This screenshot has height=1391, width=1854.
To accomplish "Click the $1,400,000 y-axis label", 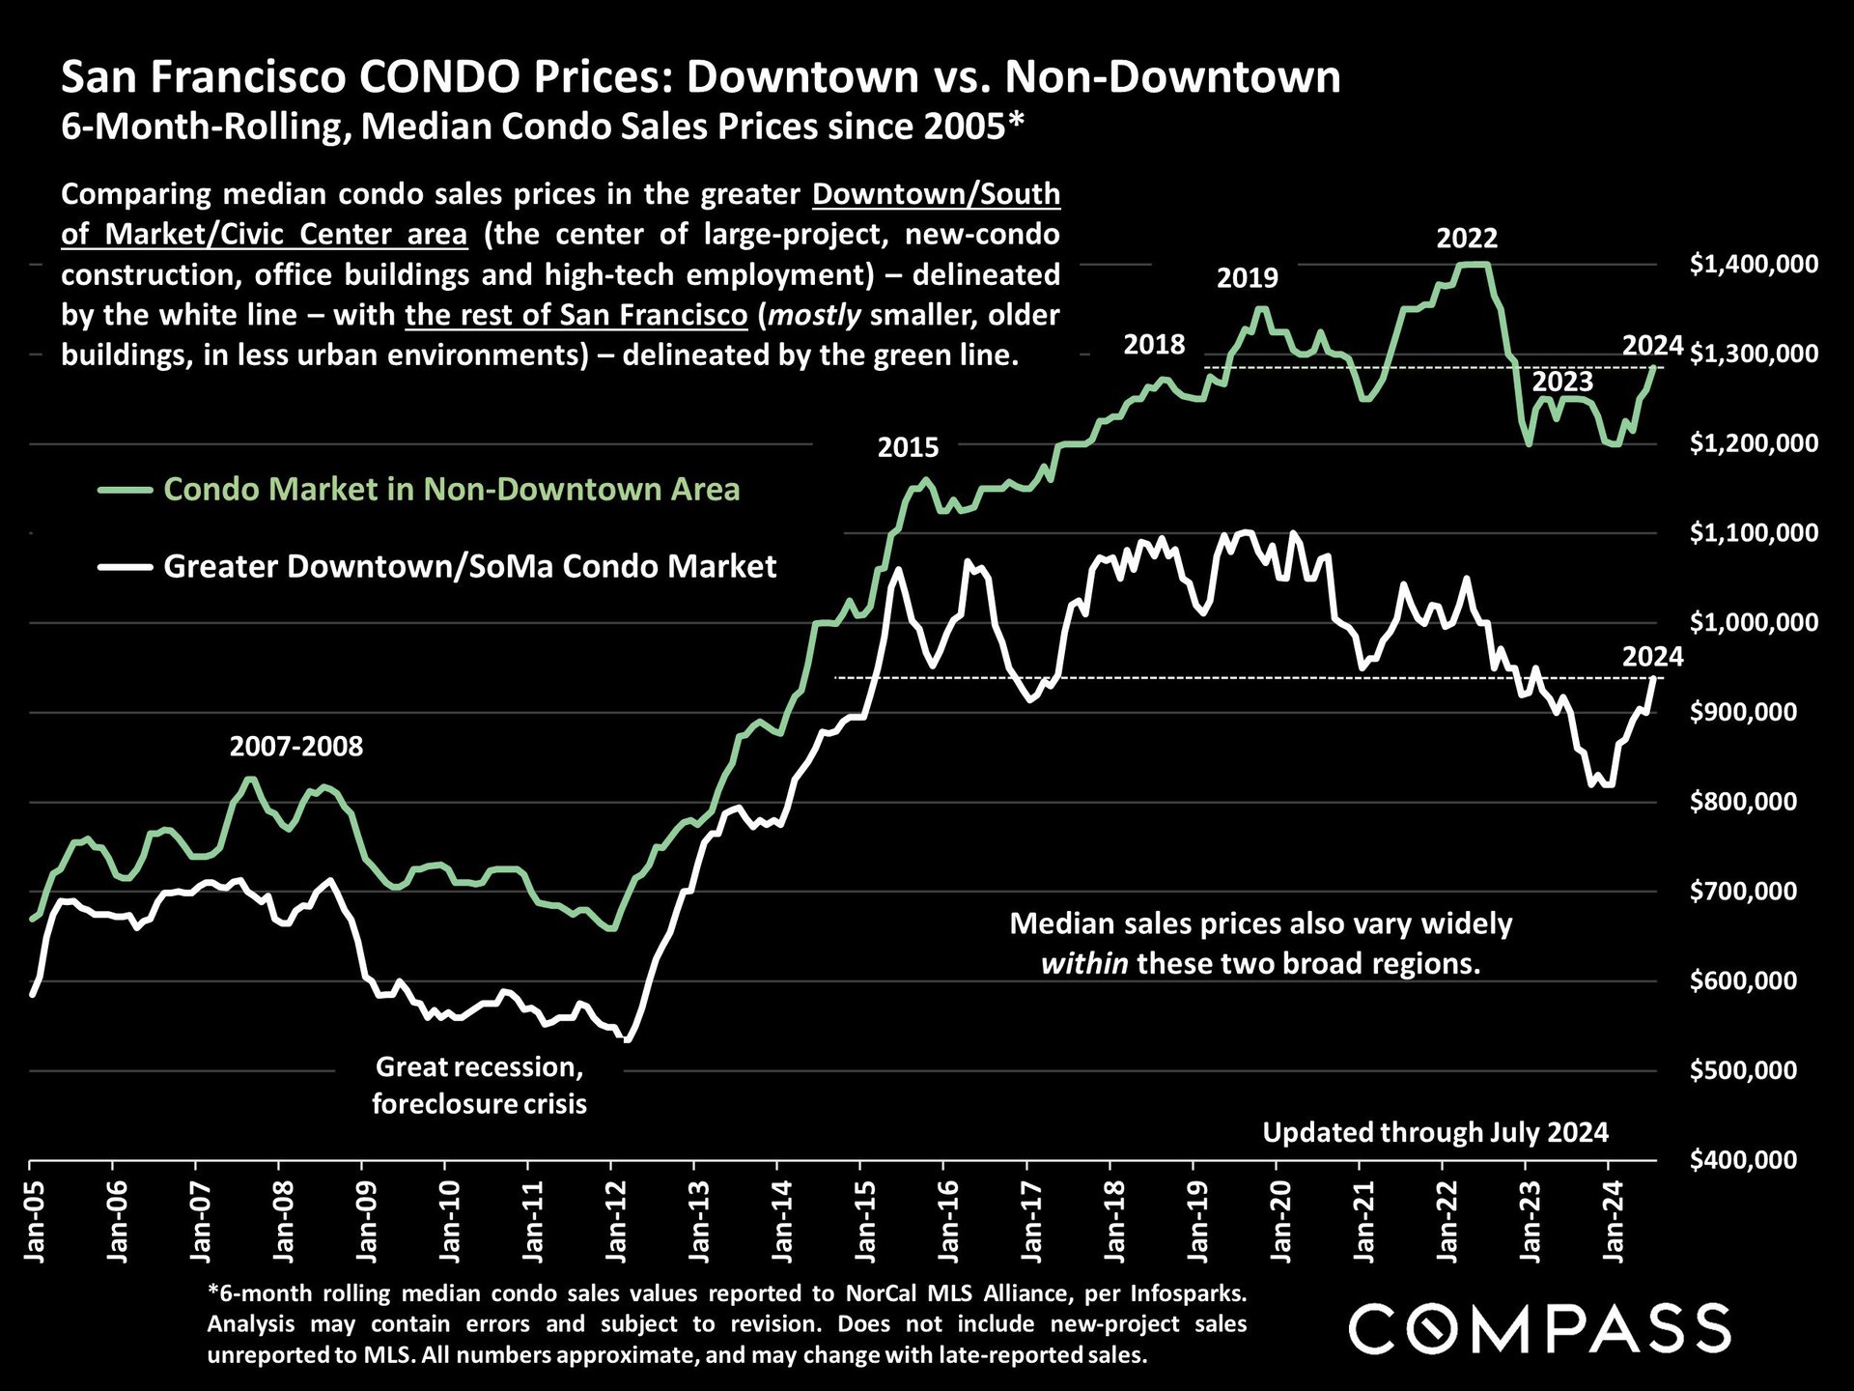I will [x=1754, y=264].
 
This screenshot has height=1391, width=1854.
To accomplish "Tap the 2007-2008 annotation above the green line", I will [x=296, y=746].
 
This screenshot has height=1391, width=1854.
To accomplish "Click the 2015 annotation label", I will [x=908, y=447].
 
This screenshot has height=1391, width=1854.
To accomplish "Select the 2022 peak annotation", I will [x=1467, y=238].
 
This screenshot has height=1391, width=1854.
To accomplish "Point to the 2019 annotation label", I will [x=1247, y=278].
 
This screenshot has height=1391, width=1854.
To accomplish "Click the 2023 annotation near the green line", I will [x=1562, y=382].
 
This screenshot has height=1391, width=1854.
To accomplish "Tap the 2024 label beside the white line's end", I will [x=1652, y=657].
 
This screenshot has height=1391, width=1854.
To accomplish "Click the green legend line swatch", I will [x=125, y=490].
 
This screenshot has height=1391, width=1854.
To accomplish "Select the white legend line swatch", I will [x=125, y=567].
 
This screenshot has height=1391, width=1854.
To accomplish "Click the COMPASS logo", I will [x=1539, y=1328].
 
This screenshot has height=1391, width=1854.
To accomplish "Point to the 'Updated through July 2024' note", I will [x=1435, y=1132].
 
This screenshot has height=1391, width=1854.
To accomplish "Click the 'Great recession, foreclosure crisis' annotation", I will [x=479, y=1085].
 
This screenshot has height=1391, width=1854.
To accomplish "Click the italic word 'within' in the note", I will [x=1083, y=963].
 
